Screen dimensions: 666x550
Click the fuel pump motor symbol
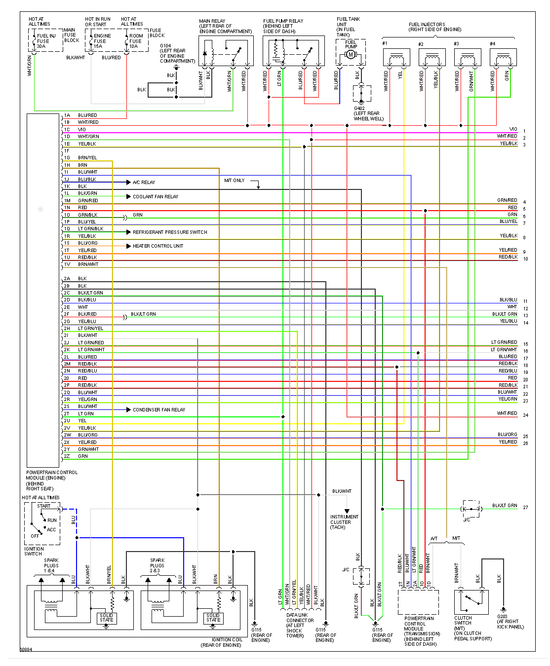point(351,54)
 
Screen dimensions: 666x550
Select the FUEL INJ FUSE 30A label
point(46,41)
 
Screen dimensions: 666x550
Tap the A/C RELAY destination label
point(144,183)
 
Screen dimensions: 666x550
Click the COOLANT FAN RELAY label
point(156,197)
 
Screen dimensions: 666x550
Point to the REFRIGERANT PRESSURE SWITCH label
point(170,232)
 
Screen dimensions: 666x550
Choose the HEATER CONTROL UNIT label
point(158,246)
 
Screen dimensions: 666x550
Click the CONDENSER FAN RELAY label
point(159,410)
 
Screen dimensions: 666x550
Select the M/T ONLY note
point(235,181)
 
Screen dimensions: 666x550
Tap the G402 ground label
point(359,109)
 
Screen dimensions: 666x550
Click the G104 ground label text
point(165,46)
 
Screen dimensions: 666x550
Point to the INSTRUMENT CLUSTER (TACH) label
point(344,522)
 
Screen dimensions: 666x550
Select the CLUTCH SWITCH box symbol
point(471,602)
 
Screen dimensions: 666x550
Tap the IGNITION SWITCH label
point(34,551)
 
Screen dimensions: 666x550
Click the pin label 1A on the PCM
point(67,115)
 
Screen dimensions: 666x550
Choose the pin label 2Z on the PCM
point(67,456)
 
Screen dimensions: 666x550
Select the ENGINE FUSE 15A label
point(102,41)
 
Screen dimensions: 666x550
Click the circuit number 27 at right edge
point(526,508)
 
